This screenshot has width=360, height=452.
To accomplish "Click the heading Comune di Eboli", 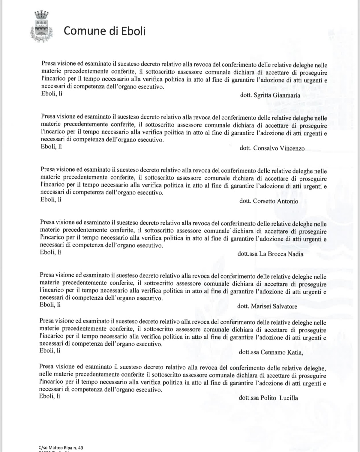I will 104,31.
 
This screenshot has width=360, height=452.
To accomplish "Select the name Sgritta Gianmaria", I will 277,95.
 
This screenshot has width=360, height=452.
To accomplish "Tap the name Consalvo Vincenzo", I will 279,148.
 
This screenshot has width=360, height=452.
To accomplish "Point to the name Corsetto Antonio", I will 275,201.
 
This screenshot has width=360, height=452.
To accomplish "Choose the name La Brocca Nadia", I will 281,254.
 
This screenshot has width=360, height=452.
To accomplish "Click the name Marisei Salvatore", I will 274,306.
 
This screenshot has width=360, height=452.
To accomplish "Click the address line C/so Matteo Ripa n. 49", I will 61,447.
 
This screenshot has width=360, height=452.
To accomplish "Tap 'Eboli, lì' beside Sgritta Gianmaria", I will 52,93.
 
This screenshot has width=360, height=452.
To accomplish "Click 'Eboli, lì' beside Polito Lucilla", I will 49,396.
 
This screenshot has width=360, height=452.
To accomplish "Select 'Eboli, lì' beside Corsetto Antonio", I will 51,200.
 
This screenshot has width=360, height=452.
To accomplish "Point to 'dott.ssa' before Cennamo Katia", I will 249,352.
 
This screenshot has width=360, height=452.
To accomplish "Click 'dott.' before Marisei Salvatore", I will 243,306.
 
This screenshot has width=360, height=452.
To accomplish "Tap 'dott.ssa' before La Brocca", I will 247,254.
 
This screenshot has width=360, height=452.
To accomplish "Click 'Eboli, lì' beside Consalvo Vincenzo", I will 51,146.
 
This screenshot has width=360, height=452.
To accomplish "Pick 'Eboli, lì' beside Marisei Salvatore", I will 50,305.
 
